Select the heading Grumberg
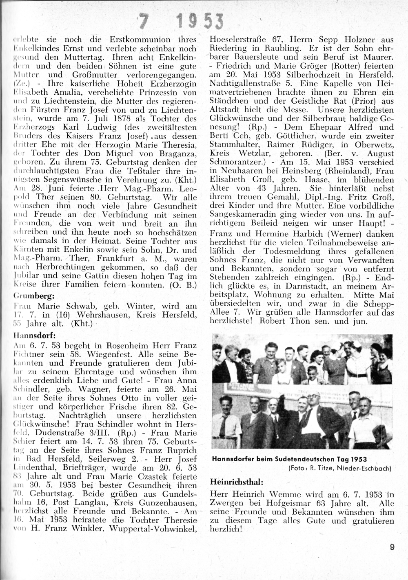(x=31, y=295)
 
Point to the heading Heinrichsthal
(x=236, y=481)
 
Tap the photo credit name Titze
(x=332, y=468)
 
